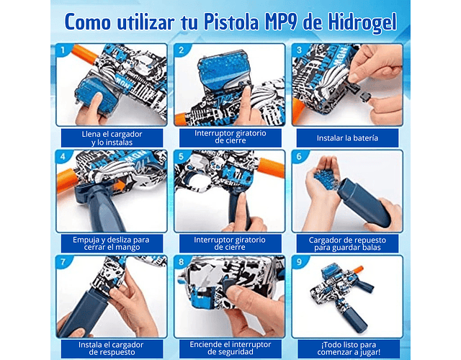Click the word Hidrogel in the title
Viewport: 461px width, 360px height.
(362, 22)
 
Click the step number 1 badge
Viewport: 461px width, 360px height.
(63, 50)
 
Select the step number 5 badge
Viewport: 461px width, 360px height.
(181, 156)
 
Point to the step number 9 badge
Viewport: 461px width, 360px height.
(299, 262)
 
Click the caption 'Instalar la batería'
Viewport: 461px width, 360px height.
(347, 138)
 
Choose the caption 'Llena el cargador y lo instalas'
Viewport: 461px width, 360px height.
(112, 138)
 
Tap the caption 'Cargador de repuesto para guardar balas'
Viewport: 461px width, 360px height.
(347, 243)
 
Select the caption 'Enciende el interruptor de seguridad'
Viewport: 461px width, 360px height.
(230, 348)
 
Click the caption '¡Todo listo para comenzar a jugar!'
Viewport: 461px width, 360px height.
(349, 348)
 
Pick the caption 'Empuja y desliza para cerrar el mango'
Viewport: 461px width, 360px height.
(111, 243)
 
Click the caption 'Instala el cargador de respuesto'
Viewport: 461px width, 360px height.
(111, 348)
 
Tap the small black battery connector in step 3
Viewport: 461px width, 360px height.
(365, 96)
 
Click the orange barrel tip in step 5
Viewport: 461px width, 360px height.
(271, 168)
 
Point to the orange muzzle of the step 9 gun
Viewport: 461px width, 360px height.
(358, 269)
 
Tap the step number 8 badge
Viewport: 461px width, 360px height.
(181, 262)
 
